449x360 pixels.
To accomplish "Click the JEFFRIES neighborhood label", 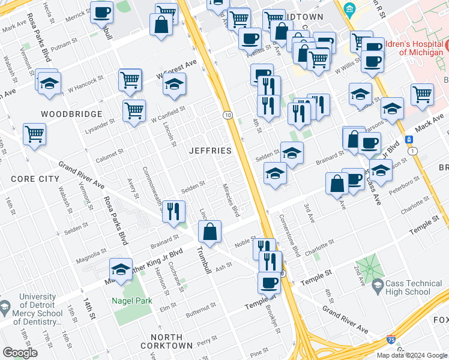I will [x=210, y=149].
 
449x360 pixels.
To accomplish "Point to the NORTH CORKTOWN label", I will [x=166, y=341].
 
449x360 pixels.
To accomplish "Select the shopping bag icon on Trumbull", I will [x=209, y=232].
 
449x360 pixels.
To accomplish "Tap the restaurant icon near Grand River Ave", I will [x=173, y=211].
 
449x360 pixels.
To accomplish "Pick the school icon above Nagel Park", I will [x=121, y=269].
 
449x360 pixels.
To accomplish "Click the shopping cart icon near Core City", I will [x=35, y=134].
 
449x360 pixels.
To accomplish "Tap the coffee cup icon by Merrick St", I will [x=101, y=12].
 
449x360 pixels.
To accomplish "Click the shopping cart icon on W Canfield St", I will [x=134, y=110].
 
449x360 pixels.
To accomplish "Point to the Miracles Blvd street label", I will [x=231, y=201].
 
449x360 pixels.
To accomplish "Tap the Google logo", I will [x=20, y=353].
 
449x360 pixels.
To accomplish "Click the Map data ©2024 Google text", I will [x=412, y=355].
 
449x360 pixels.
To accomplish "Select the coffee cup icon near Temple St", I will [x=269, y=282].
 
